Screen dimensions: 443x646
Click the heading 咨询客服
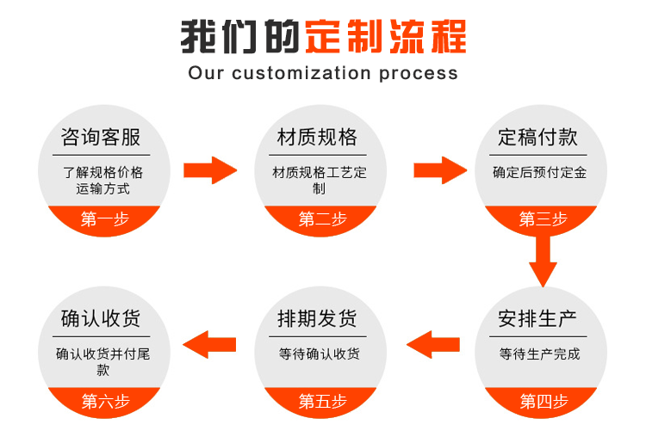101,138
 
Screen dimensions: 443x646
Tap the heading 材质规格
317,138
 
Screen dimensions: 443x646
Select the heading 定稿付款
538,138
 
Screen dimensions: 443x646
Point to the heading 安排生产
538,319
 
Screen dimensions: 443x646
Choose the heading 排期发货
317,319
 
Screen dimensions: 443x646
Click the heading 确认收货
101,319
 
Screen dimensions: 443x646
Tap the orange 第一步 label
105,219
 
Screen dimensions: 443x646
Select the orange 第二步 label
322,219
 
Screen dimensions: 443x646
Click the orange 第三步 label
543,219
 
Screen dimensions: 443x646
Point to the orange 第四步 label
543,401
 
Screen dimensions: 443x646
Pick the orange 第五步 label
322,401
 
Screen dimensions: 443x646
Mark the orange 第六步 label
105,401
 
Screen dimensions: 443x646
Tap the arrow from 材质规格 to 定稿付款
440,170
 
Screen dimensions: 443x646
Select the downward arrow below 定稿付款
543,258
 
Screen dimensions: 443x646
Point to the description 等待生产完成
540,354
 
